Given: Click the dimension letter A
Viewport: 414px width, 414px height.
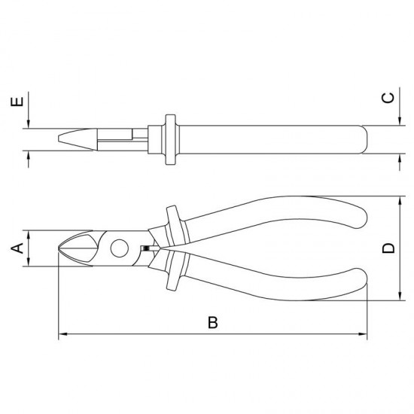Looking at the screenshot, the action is [17, 248].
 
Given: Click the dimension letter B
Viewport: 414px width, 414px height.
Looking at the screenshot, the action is [213, 322].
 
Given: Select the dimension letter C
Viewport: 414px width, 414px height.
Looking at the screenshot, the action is [388, 98].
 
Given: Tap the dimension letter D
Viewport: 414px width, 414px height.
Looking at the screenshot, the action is [388, 248].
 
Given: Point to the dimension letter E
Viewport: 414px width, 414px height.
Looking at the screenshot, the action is [17, 102].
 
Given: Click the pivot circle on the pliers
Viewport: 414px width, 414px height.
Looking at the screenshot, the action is [120, 248].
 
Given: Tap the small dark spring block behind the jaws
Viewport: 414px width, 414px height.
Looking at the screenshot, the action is [145, 248].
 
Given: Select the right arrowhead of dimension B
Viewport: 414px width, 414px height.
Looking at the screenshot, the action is [363, 334].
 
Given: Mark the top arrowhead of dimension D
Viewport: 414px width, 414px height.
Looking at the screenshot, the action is [400, 200].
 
